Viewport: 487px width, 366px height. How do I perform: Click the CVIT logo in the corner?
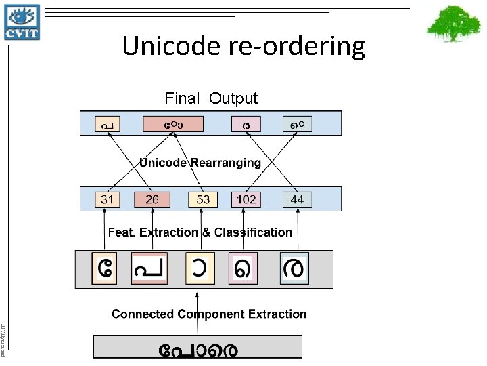(22, 21)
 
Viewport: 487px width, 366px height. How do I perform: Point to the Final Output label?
(211, 98)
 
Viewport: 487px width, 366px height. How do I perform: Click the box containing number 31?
(107, 199)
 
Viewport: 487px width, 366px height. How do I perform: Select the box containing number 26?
(152, 199)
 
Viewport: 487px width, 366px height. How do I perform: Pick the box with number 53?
(203, 199)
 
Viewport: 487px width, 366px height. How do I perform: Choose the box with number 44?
(297, 199)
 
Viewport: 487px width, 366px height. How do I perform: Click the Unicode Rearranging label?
(200, 163)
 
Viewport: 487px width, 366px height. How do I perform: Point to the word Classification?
(253, 232)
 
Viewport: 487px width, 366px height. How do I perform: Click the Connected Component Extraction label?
(209, 314)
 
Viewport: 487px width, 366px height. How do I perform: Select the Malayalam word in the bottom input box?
(198, 349)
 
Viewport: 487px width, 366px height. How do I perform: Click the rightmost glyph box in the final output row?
(298, 125)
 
